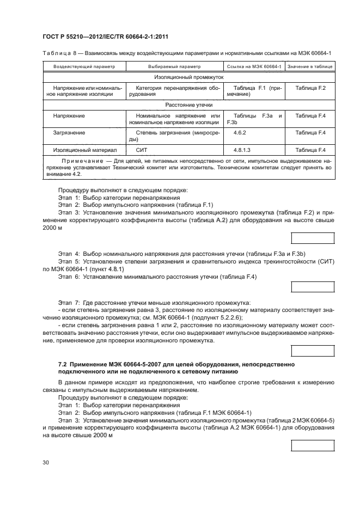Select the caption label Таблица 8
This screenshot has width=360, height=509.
(x=58, y=53)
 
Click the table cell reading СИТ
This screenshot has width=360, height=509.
(x=141, y=150)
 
